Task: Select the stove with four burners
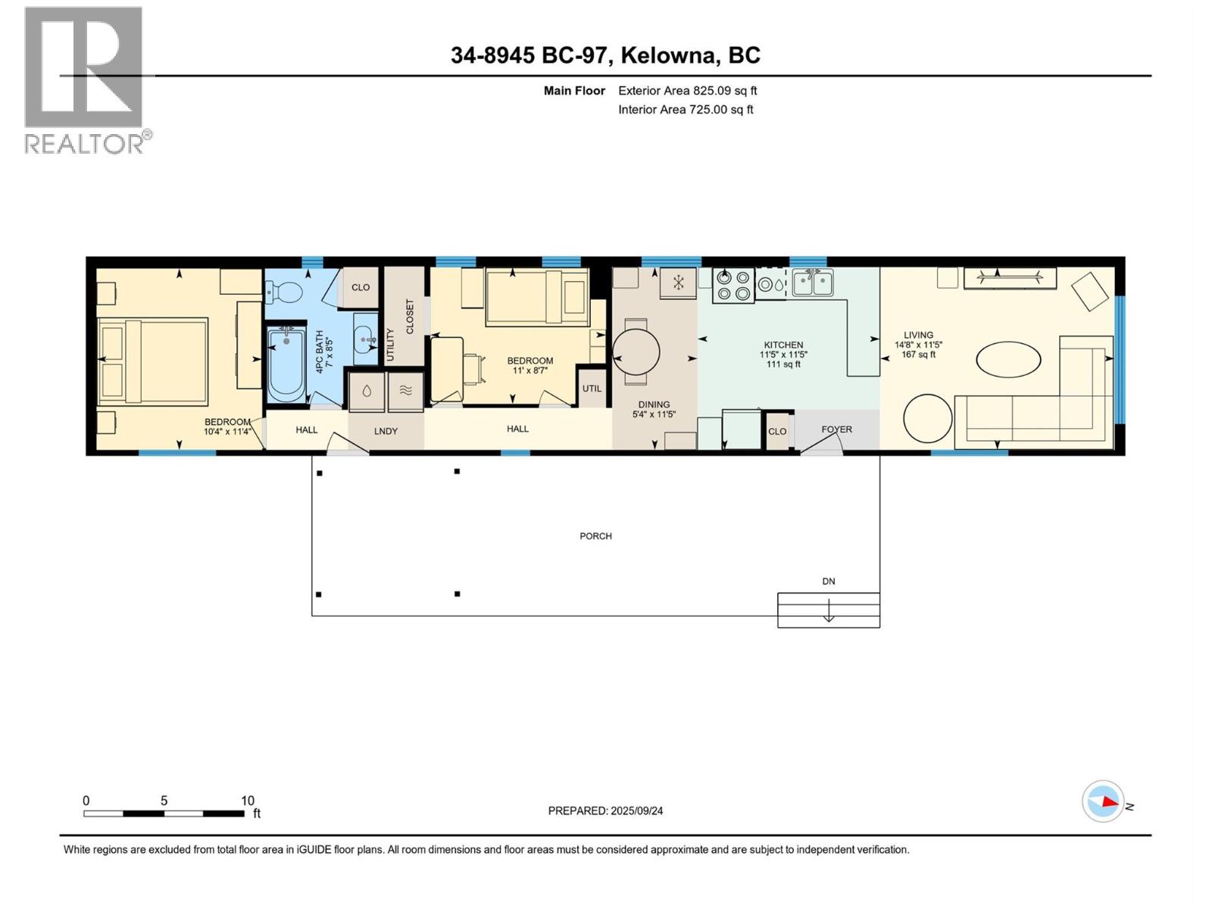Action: tap(733, 286)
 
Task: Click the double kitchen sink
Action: tap(813, 283)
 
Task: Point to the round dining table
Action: tap(636, 352)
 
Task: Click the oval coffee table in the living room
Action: tap(1008, 359)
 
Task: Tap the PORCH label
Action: tap(595, 536)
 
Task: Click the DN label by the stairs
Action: tap(829, 581)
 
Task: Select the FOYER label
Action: tap(836, 430)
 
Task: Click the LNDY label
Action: tap(386, 431)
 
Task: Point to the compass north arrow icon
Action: tap(1104, 802)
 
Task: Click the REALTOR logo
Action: tap(85, 80)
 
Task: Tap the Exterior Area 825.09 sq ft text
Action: tap(687, 91)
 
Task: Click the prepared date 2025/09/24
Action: tap(605, 811)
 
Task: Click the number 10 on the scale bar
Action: tap(248, 801)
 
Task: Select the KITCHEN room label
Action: tap(783, 345)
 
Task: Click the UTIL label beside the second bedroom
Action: tap(592, 389)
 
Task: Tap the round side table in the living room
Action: tap(927, 418)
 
